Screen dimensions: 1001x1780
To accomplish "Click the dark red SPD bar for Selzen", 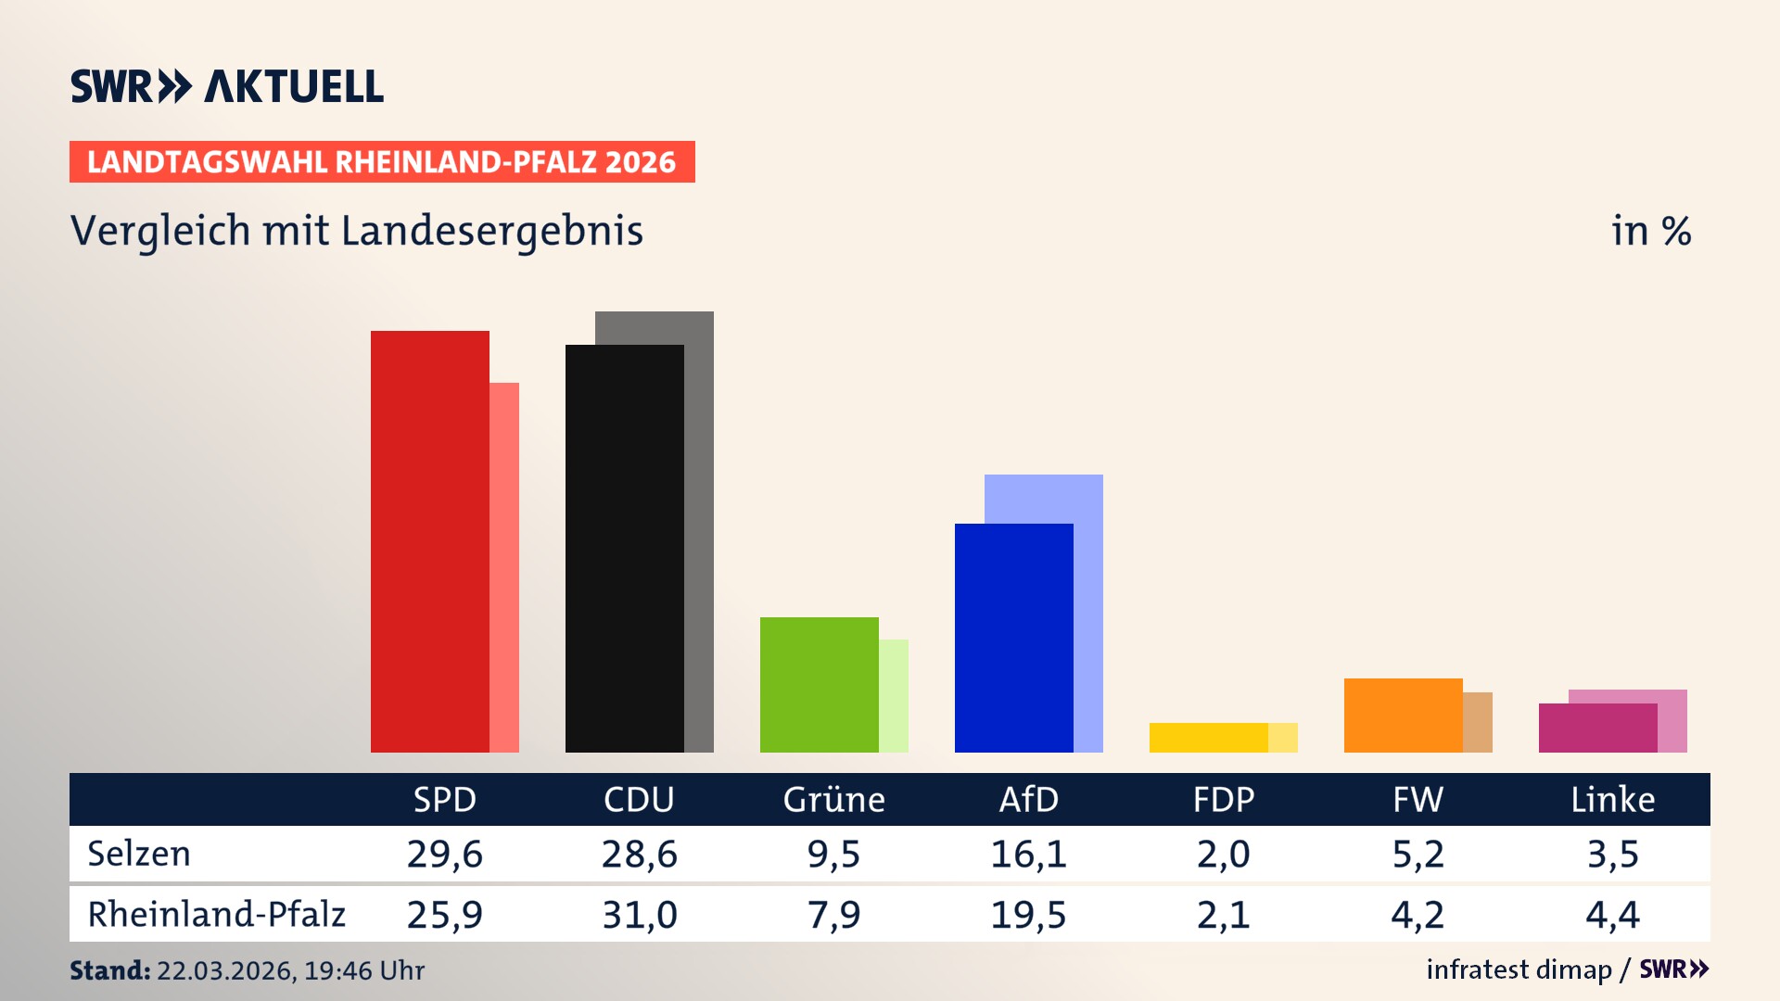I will coord(429,541).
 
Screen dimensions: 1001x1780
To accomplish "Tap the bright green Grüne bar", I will coord(819,685).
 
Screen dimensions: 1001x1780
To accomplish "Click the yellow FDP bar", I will coord(1208,738).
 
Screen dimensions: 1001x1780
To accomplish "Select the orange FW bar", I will coord(1403,716).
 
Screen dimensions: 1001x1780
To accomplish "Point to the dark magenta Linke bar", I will coord(1597,729).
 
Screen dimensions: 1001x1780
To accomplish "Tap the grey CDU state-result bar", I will coord(700,528).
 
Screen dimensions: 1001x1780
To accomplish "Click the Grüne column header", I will coord(833,799).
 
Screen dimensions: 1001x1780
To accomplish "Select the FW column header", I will coord(1418,799).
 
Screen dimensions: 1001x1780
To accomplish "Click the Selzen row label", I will coord(139,854).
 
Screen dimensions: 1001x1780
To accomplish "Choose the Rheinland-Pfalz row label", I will coord(216,915).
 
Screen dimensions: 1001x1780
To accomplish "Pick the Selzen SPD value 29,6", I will coord(444,854).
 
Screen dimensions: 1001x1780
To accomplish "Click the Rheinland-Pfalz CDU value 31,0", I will coord(639,915).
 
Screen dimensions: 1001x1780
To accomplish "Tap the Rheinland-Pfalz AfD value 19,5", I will coord(1028,915).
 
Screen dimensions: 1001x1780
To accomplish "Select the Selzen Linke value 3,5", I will coord(1612,854).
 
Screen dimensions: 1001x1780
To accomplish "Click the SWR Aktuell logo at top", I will coord(226,86).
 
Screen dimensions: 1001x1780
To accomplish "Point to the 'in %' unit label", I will coord(1650,231).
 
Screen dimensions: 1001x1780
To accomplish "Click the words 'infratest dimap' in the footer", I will coord(1519,969).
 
